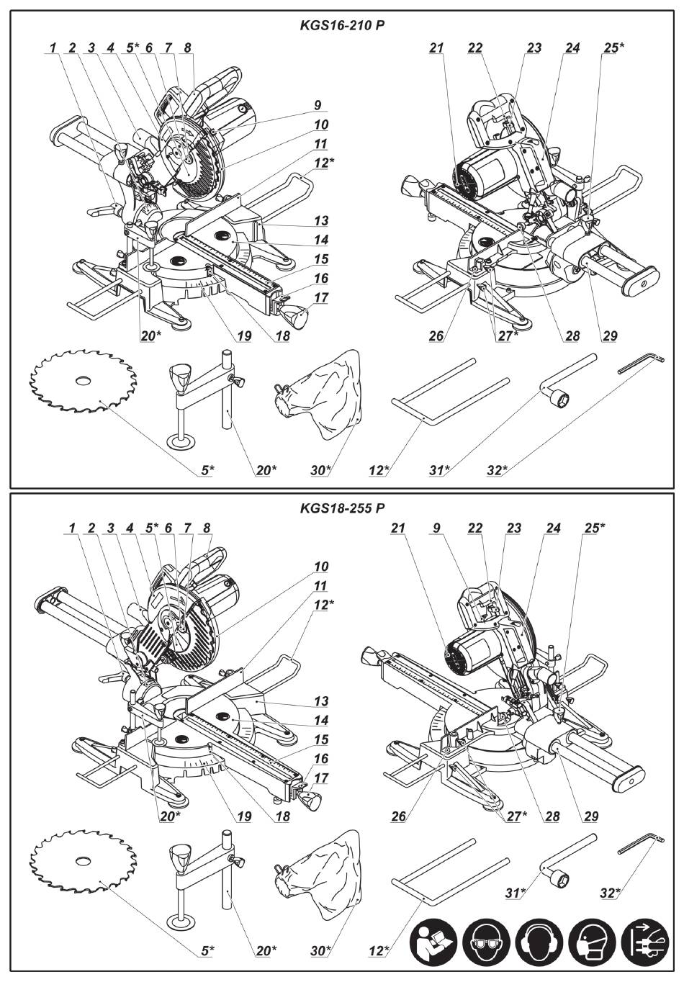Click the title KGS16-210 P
pos(342,24)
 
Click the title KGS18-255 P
pos(342,508)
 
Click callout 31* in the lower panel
pos(513,893)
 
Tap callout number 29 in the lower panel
pos(589,816)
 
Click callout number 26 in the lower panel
pos(398,816)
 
